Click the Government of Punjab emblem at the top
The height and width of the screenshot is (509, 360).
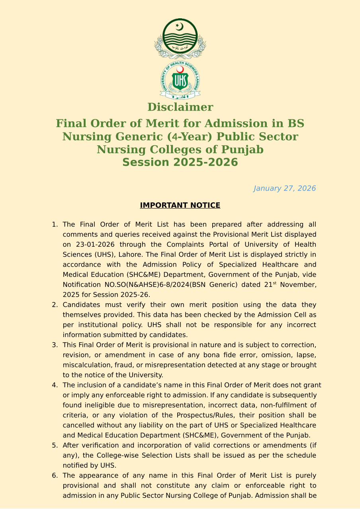(180, 38)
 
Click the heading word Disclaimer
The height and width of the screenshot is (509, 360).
(180, 107)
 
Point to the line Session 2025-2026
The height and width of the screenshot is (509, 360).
(180, 162)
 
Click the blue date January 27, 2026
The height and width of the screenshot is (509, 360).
(284, 188)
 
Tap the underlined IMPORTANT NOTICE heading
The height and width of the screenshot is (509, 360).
(180, 205)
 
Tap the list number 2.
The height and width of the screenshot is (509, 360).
(55, 305)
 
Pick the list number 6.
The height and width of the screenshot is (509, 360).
(55, 476)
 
